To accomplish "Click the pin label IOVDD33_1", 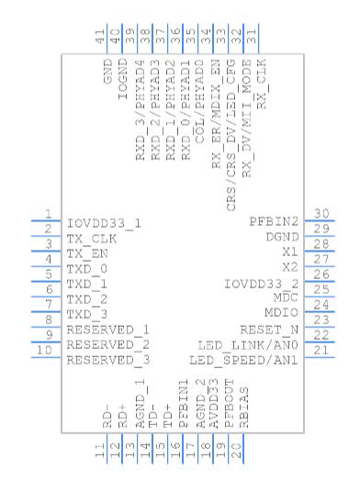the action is (104, 224).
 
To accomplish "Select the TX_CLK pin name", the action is (92, 239).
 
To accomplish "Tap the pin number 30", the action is (321, 214).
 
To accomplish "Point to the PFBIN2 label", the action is (274, 221).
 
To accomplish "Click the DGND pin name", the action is (282, 237).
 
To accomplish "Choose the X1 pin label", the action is (290, 252).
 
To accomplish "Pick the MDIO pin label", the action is (281, 312).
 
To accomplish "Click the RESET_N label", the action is (269, 330).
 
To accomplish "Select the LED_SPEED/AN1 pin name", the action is (243, 360).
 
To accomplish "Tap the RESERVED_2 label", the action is (108, 345).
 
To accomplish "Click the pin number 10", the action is (44, 350).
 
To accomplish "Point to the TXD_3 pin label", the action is (87, 315).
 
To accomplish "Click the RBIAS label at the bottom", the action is (244, 408).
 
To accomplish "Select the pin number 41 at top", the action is (99, 37).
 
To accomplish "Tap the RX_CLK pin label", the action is (262, 84).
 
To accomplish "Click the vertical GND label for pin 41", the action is (107, 72).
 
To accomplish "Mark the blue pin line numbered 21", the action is (320, 357).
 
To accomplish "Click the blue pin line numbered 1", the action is (46, 221).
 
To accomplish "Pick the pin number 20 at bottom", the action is (236, 450).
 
